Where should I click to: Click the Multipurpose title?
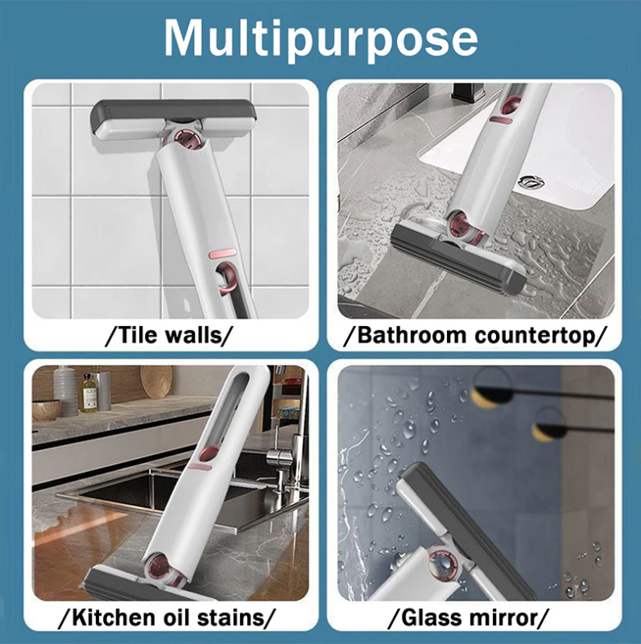coord(321,40)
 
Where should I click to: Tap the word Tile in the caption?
coord(135,335)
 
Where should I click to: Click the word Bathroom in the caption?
coord(413,335)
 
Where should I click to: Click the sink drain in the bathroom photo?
coord(531,181)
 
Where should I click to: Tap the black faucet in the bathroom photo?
coord(467,93)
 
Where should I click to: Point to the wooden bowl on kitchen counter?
coord(47,410)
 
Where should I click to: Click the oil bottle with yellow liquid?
coord(88,393)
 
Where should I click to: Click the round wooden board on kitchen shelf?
coord(156,382)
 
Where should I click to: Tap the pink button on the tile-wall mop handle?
coord(222,254)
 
